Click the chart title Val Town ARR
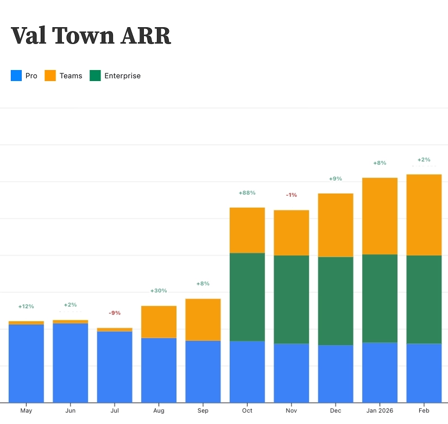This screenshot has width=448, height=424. (91, 36)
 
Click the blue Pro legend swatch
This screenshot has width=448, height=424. (16, 76)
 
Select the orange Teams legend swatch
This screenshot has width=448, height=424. (50, 76)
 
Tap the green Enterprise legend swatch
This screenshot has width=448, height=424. (95, 76)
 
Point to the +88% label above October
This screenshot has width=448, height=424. (247, 193)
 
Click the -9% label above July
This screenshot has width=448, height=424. (115, 313)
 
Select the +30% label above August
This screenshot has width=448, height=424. (159, 291)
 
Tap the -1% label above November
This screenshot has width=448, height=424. (292, 195)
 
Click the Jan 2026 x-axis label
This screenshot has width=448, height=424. (380, 411)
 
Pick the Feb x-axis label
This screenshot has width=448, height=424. (424, 411)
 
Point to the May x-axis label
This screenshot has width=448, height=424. (26, 411)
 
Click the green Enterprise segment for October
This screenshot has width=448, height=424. (247, 297)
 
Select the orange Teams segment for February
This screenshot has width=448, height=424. (424, 215)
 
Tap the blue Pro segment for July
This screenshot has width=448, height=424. (115, 367)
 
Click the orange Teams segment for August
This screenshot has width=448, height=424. (159, 322)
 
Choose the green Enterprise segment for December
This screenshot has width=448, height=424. (336, 301)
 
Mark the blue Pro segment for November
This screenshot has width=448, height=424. (292, 373)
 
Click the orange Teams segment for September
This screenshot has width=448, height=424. (203, 320)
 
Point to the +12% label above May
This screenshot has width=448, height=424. (26, 307)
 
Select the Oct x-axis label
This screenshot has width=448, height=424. (247, 411)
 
